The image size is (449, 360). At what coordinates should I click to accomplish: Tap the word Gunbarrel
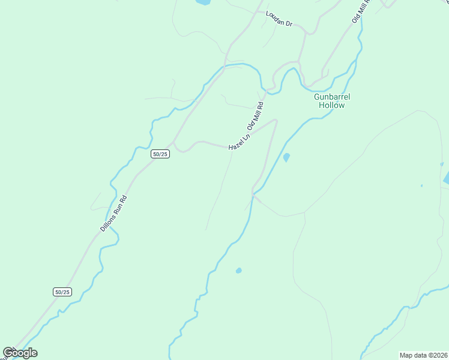(332, 97)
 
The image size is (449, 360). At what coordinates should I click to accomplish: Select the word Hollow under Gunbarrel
(332, 105)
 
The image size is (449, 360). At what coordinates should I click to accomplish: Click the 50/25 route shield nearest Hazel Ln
(160, 154)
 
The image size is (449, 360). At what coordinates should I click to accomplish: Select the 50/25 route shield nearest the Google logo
(62, 292)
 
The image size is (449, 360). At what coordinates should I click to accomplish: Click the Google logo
(20, 353)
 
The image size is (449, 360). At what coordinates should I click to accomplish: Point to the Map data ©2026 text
(423, 355)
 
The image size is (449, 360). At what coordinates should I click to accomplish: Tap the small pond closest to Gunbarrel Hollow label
(286, 158)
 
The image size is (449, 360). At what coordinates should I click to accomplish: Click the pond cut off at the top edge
(203, 2)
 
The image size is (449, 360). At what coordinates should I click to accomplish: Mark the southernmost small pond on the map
(239, 271)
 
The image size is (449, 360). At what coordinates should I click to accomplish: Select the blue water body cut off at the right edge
(445, 178)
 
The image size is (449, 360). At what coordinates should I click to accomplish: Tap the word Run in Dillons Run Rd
(114, 212)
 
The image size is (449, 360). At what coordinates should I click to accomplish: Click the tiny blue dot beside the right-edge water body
(421, 185)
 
